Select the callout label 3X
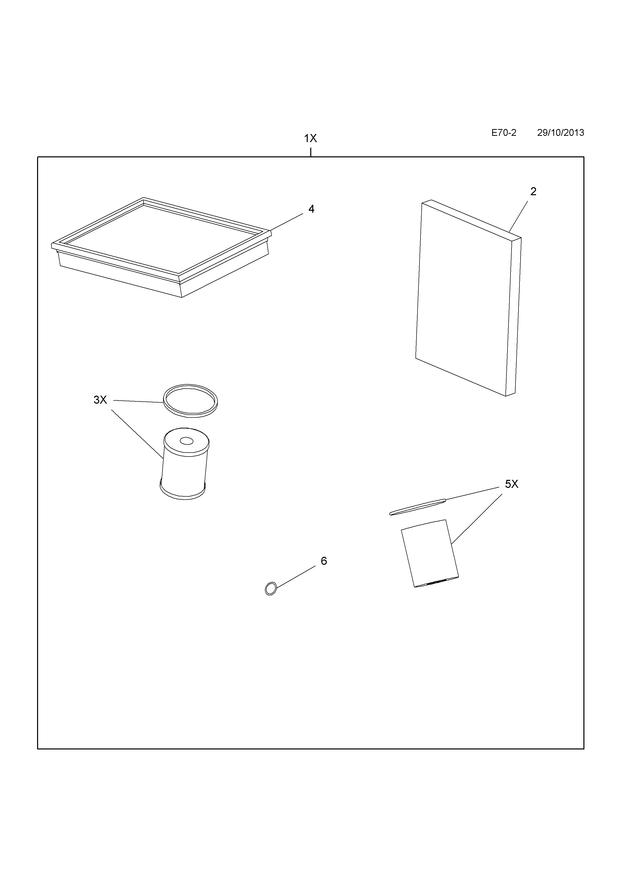coord(100,400)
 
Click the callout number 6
coord(324,561)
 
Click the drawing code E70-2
coord(504,133)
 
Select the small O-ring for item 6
coord(270,589)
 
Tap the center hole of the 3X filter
coord(187,441)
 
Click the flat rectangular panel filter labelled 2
coord(467,298)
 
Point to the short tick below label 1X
coord(310,152)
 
